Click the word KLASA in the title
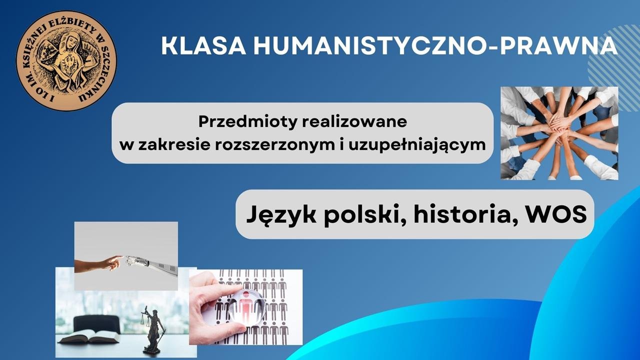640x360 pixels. [204, 45]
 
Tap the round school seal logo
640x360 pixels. [66, 60]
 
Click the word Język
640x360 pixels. [281, 215]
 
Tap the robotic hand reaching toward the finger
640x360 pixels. [151, 264]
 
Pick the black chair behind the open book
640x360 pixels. [97, 325]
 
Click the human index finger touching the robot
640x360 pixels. [115, 259]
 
